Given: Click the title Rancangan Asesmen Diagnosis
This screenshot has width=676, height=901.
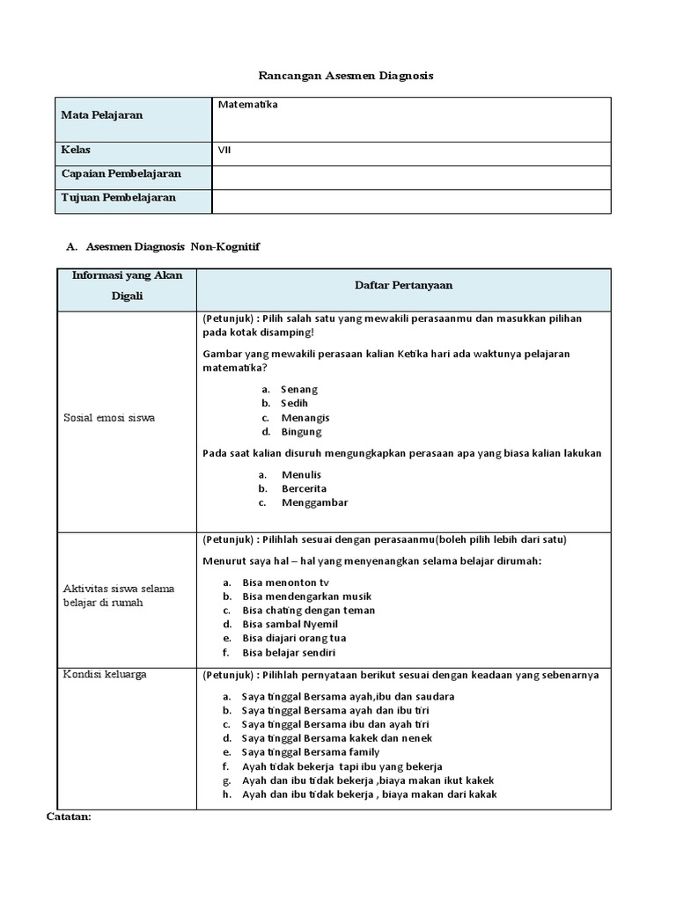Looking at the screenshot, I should pos(345,77).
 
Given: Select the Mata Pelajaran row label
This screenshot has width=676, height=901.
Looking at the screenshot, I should pos(101,115).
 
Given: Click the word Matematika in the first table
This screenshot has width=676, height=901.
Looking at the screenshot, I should pos(247,105).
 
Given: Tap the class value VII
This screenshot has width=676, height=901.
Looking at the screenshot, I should pos(224,150).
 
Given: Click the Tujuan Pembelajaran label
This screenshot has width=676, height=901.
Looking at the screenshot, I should pos(118,197).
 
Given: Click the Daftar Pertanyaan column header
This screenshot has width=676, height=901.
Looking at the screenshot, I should pos(403,285).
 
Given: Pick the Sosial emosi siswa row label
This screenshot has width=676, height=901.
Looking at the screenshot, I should pos(108,418).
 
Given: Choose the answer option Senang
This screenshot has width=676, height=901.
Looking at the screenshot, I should pos(299,389).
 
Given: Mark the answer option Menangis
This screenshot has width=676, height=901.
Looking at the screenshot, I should pos(305,418).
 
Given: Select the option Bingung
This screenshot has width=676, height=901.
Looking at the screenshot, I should pos(301,432).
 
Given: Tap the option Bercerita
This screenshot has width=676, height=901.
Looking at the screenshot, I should pos(304,488).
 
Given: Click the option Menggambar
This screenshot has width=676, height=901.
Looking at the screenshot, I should pos(314,502).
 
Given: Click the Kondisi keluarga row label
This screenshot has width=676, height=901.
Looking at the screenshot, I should pos(105,674).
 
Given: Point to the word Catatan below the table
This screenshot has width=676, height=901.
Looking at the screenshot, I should pos(69,817).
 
